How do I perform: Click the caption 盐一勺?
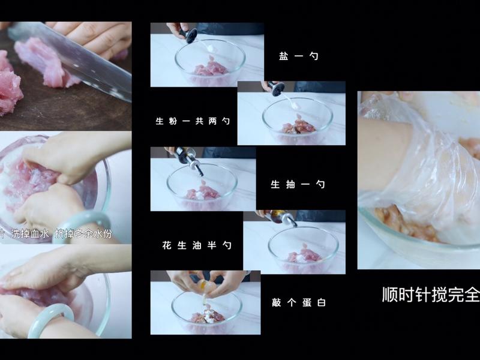pyautogui.click(x=298, y=56)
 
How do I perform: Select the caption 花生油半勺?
pyautogui.click(x=196, y=245)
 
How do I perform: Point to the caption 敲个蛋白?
pyautogui.click(x=298, y=303)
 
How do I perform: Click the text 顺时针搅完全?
pyautogui.click(x=431, y=295)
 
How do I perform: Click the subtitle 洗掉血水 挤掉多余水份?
pyautogui.click(x=57, y=234)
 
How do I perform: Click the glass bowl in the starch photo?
pyautogui.click(x=298, y=120)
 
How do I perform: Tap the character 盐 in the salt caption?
pyautogui.click(x=283, y=56)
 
